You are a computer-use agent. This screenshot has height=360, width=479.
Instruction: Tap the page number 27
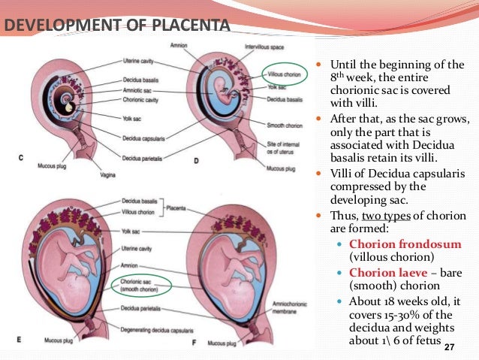tap(449, 347)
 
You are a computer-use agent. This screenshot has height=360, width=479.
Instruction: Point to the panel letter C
tap(21, 158)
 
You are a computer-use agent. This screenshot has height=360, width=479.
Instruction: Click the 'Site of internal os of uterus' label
tap(283, 149)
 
